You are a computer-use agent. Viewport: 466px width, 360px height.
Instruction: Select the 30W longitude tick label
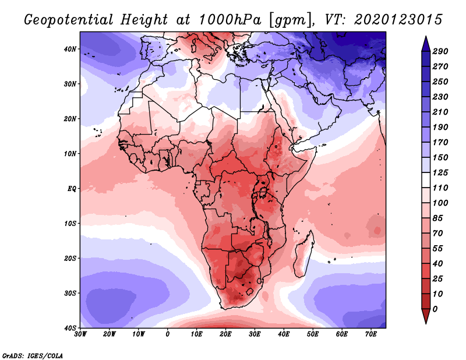pos(80,334)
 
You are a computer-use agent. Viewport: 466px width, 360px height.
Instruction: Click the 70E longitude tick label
pos(370,334)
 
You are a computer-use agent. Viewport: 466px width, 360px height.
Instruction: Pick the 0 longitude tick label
pos(168,334)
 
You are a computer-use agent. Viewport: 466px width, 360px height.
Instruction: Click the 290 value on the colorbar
pos(440,52)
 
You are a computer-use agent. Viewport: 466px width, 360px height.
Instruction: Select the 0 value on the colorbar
pos(435,308)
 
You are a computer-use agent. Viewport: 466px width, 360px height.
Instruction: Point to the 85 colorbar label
pos(437,217)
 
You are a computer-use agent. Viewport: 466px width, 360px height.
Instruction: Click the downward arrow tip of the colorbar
pos(425,321)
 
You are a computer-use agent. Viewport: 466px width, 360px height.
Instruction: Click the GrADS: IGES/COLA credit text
pos(33,354)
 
